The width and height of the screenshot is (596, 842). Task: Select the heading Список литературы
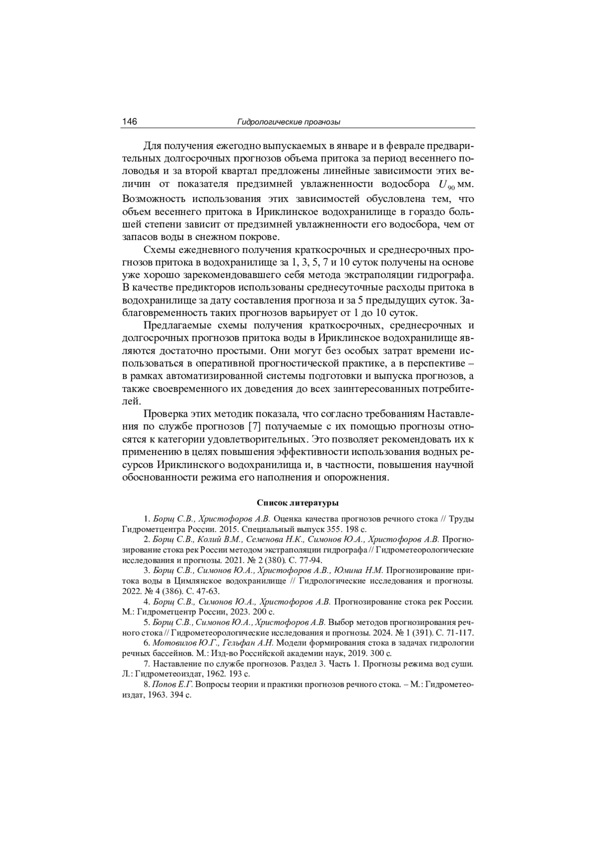298,503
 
